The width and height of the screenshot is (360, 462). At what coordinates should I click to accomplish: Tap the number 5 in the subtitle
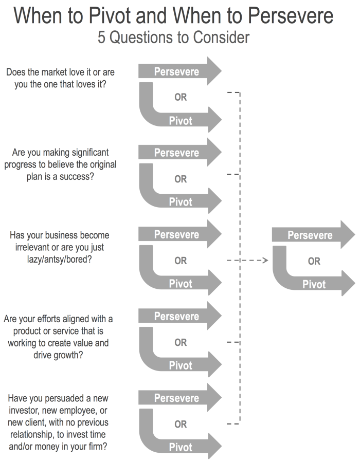tap(102, 38)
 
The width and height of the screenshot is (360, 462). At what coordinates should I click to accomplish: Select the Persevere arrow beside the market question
tap(178, 71)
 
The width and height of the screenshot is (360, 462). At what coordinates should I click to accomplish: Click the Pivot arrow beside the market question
tap(181, 121)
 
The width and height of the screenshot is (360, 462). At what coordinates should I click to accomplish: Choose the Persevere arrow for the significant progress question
tap(178, 153)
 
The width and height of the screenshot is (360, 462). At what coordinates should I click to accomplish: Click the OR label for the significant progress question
tap(181, 179)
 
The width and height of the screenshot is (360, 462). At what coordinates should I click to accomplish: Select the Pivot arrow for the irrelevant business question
tap(181, 284)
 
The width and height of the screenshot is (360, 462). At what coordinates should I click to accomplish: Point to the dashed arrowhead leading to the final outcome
tap(265, 261)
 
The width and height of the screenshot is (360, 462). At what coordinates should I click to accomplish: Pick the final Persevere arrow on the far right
tap(311, 235)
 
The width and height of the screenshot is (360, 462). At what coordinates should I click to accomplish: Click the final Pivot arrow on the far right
tap(314, 284)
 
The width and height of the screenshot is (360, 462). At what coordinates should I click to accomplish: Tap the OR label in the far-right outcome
tap(314, 261)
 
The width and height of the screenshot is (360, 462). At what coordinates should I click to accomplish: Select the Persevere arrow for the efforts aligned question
tap(178, 316)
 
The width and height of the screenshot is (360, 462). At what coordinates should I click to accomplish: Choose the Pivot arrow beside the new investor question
tap(181, 447)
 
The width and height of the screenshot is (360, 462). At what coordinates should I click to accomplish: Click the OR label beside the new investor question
tap(181, 424)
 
